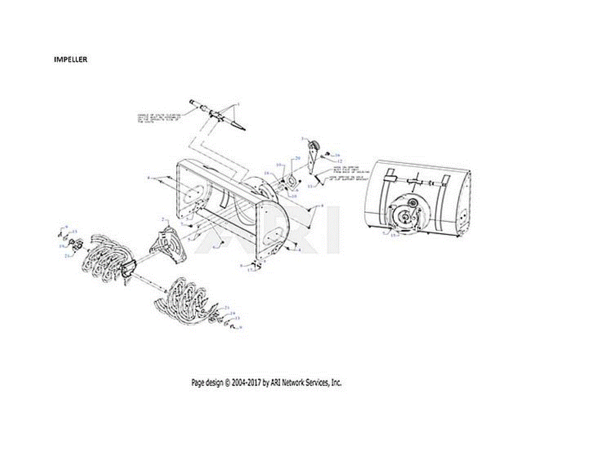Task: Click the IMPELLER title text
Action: [x=70, y=59]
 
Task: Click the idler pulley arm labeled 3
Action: [x=313, y=154]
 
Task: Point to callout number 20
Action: [x=298, y=158]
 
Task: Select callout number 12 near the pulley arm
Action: [x=339, y=161]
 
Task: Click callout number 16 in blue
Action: [x=337, y=155]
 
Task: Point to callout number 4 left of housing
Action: [x=149, y=177]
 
